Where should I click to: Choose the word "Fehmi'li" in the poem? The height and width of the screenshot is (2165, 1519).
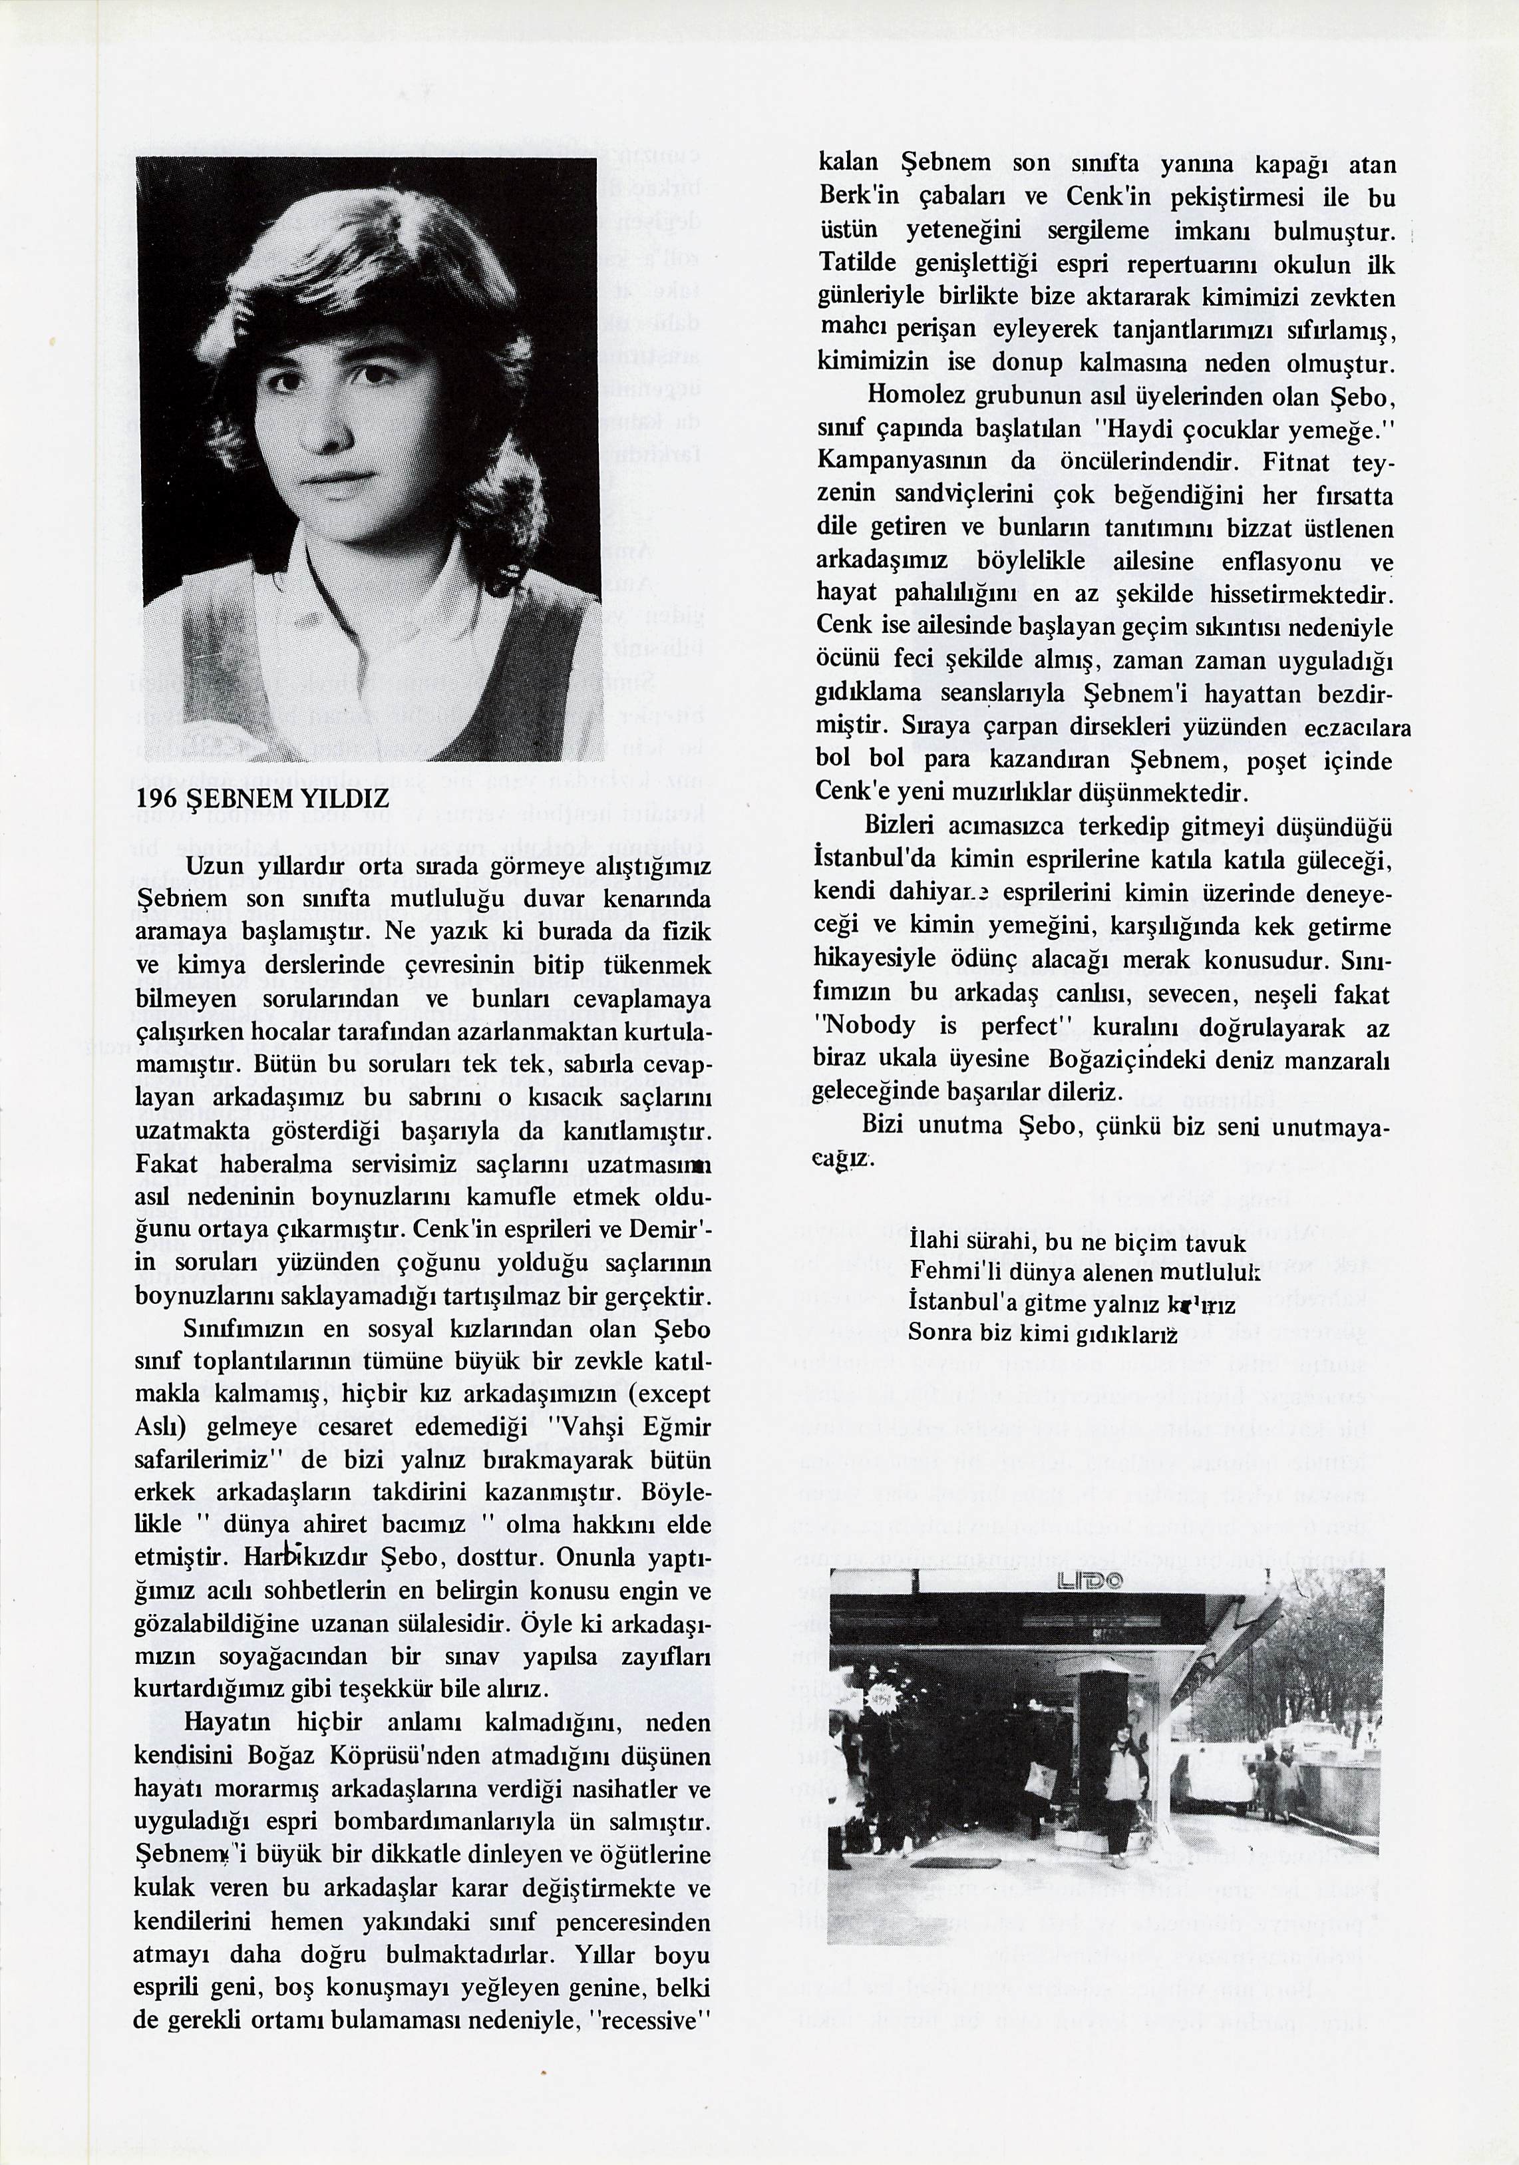point(945,1272)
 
